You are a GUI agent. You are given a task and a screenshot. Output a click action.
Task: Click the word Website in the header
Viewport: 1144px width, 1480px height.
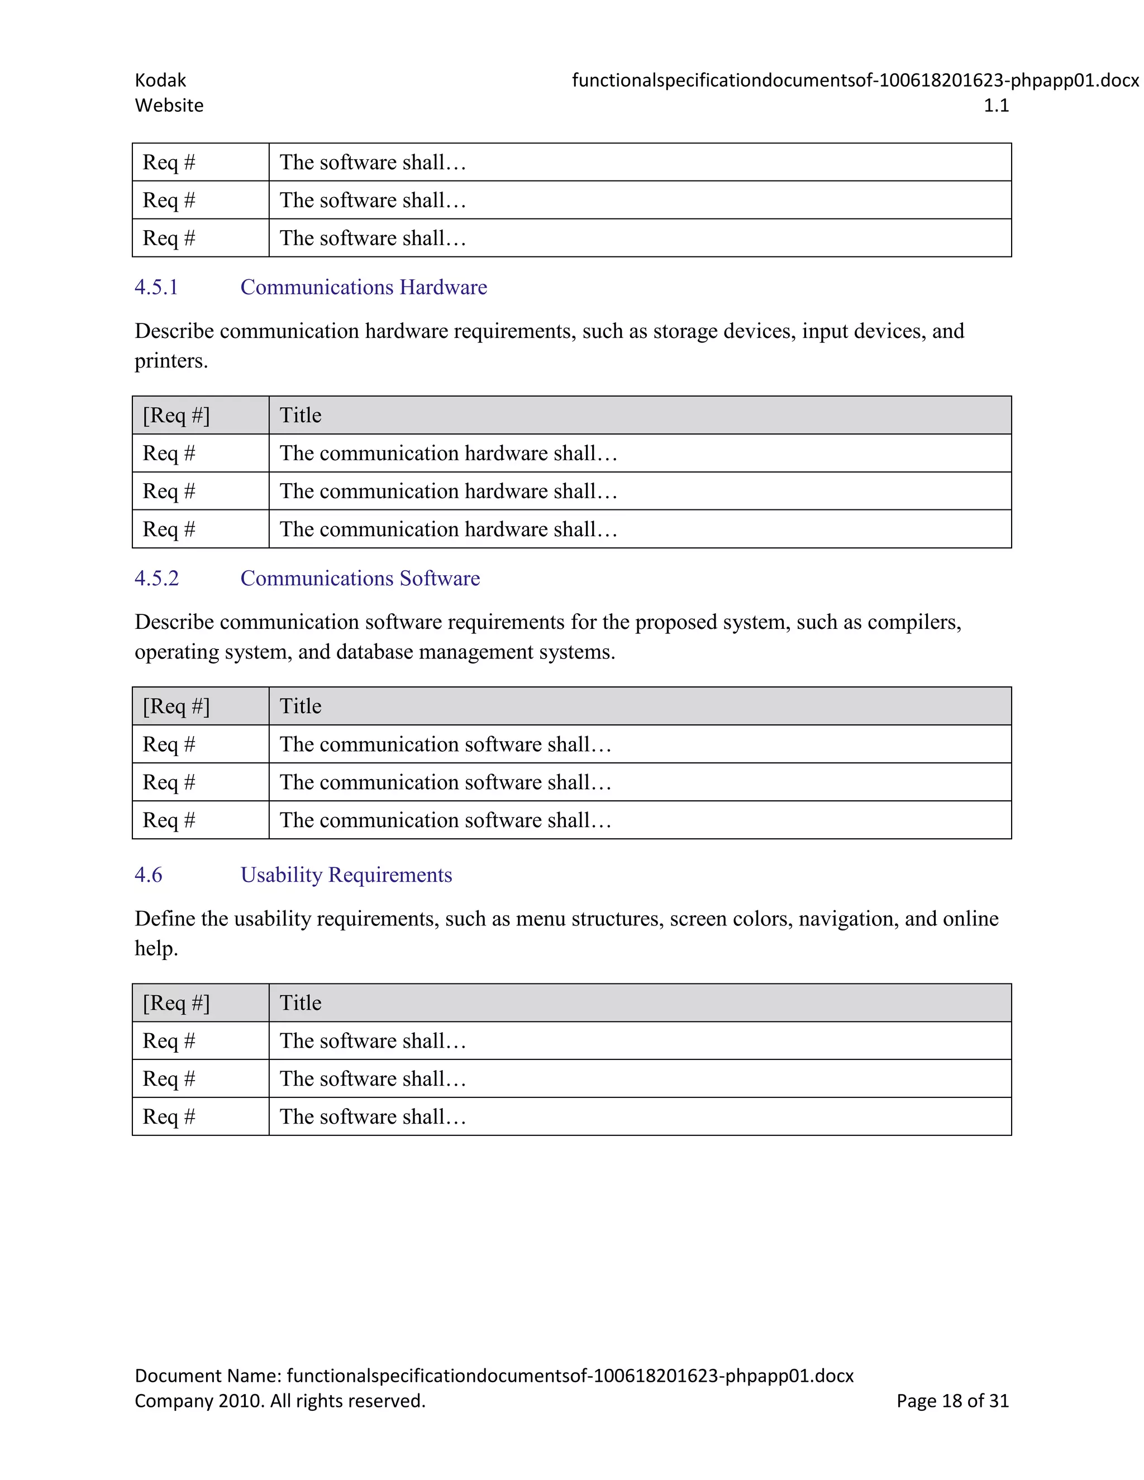click(x=169, y=106)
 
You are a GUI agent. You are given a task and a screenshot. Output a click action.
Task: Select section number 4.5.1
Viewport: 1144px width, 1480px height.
click(x=156, y=287)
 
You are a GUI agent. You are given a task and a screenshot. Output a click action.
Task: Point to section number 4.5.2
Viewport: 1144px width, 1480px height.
click(x=156, y=578)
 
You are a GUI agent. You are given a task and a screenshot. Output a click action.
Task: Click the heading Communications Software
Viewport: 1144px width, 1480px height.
click(x=360, y=578)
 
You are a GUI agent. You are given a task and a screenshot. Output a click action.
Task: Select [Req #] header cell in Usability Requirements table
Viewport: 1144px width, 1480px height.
click(x=176, y=1003)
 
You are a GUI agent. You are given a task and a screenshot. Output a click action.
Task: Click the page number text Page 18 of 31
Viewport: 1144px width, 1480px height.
click(x=952, y=1401)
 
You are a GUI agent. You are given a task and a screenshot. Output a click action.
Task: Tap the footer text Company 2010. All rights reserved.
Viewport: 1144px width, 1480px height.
click(x=280, y=1401)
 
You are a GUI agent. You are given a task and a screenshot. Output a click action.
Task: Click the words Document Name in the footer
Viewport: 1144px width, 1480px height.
click(x=207, y=1376)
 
